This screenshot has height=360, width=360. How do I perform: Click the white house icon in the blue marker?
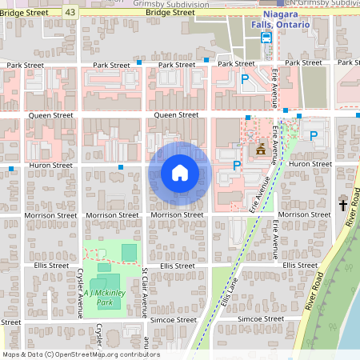(180, 173)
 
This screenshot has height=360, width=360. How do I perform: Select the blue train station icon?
(267, 36)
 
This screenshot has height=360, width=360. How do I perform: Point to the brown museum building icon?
(260, 150)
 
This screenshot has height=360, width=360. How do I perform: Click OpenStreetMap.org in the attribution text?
(92, 354)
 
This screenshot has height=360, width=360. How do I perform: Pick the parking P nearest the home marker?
(236, 166)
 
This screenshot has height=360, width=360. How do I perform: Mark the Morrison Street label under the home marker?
(177, 215)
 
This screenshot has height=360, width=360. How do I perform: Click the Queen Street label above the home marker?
(176, 115)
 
